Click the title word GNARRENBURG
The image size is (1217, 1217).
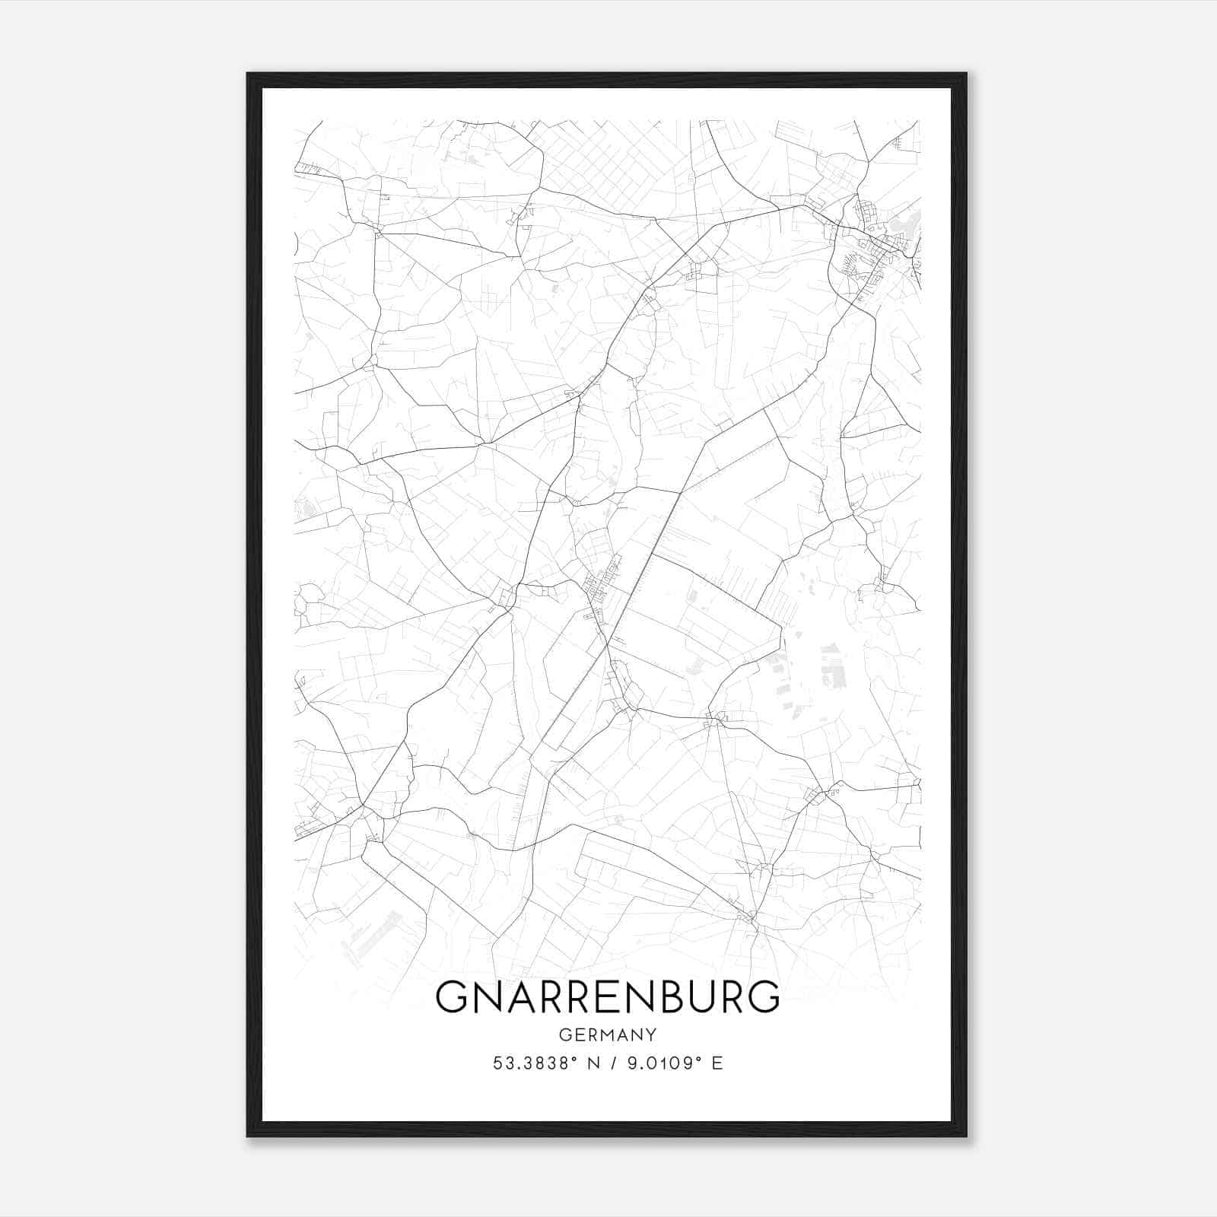pyautogui.click(x=607, y=996)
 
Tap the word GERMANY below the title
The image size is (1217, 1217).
pyautogui.click(x=607, y=1035)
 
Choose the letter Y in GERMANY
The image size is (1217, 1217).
pyautogui.click(x=651, y=1035)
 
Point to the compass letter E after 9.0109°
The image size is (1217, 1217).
pyautogui.click(x=717, y=1063)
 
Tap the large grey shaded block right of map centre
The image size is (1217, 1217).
pyautogui.click(x=833, y=669)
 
